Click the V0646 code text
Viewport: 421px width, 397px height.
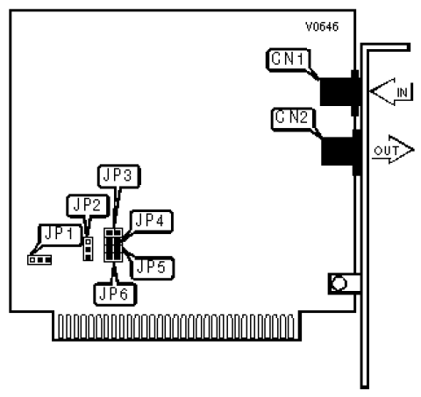pos(322,26)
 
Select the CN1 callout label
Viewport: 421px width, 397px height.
pos(288,60)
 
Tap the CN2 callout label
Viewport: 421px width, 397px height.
pos(293,118)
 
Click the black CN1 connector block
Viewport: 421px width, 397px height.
pos(339,91)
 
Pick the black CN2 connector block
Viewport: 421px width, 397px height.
pos(340,152)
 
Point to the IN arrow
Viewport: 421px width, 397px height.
pos(391,92)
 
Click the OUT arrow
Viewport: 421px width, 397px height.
pos(393,150)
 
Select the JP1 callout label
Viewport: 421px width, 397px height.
pos(60,235)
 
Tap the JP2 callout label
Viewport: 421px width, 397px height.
pos(88,206)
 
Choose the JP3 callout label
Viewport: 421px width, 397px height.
pos(118,175)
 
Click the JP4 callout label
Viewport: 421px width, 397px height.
pos(151,221)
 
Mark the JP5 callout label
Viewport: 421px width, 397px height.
pos(152,267)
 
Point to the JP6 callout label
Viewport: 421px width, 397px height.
pos(115,294)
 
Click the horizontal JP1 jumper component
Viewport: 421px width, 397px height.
pos(39,259)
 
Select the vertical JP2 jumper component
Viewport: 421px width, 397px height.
pos(88,249)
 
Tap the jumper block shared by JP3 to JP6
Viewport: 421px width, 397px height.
pos(113,245)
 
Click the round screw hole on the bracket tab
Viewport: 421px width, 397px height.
pos(339,283)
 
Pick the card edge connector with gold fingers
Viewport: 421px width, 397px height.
pos(177,326)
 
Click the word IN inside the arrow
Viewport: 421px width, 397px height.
pos(403,93)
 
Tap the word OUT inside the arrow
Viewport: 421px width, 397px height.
pos(386,151)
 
